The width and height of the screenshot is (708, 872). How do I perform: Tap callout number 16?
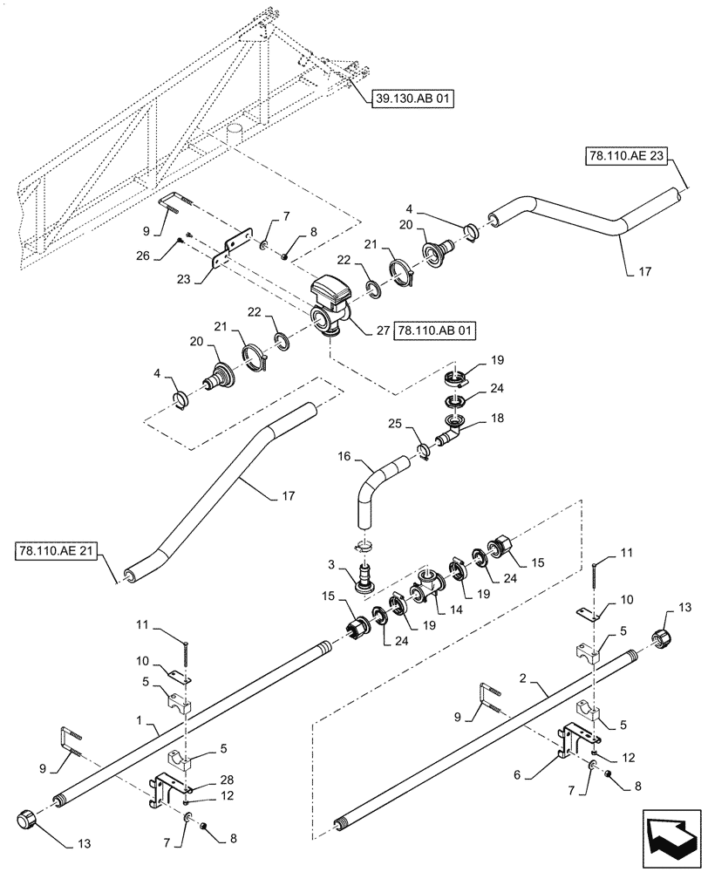click(342, 456)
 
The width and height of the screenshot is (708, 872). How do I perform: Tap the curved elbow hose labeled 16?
click(371, 488)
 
